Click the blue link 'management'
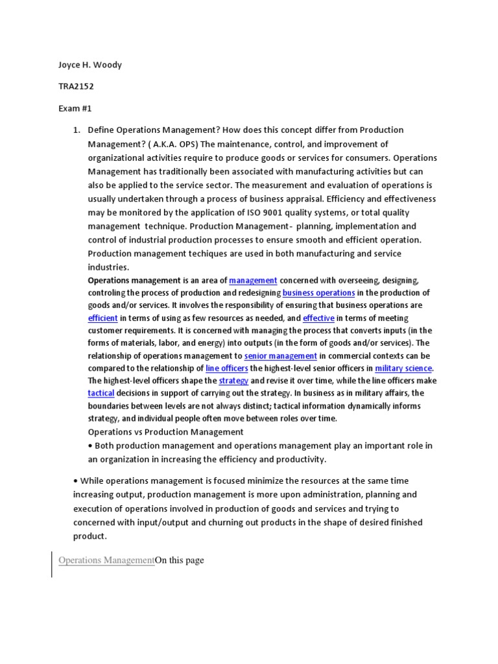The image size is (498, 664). [253, 281]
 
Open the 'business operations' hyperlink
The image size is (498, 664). [318, 293]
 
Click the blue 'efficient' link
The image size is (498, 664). [102, 318]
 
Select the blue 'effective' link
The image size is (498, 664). [318, 318]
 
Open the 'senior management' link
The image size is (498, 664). [281, 356]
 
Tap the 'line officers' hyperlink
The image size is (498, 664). [226, 368]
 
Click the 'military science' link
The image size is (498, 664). [403, 368]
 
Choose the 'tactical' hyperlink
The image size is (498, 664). [101, 394]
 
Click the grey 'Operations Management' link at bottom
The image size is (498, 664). [106, 560]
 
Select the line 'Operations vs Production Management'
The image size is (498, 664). [165, 432]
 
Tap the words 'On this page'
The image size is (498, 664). [180, 560]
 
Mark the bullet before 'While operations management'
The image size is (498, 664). [75, 480]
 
